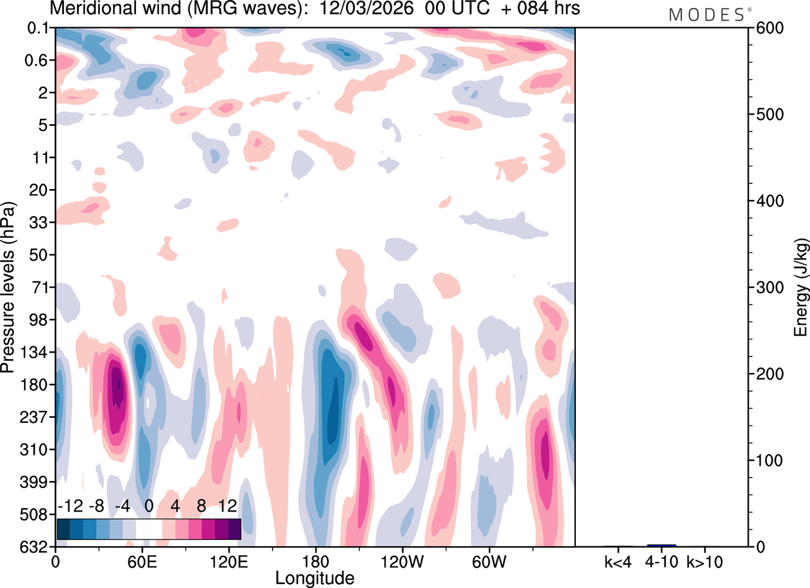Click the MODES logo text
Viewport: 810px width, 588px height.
tap(706, 15)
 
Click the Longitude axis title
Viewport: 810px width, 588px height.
tap(315, 577)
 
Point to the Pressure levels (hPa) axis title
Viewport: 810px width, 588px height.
tap(8, 288)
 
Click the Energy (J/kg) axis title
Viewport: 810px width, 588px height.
tap(802, 288)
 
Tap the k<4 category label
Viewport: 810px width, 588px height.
tap(618, 561)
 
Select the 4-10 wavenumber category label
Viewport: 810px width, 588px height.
tap(661, 561)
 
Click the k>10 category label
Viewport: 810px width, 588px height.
tap(705, 561)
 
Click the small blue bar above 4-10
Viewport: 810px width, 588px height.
tap(661, 545)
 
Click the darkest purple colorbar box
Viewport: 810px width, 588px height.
tap(234, 529)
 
